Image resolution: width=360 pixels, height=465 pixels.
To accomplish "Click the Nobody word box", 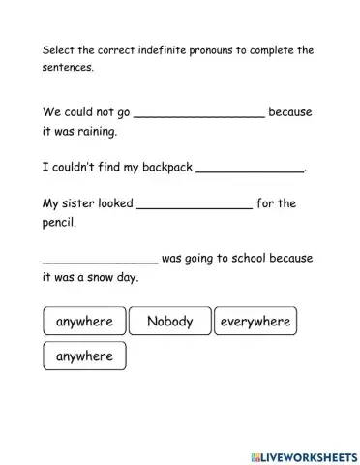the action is (x=170, y=322).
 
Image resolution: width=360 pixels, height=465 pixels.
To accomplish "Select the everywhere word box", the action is (x=255, y=322).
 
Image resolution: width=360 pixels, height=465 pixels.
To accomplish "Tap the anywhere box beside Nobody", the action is (x=85, y=322).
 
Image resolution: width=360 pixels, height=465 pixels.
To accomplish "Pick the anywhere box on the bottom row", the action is (x=85, y=356).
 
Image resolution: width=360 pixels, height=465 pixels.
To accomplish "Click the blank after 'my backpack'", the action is (x=250, y=168).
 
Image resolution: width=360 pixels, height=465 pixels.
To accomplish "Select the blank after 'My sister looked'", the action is (x=195, y=204).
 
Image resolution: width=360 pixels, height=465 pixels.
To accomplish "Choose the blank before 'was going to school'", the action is (x=100, y=260).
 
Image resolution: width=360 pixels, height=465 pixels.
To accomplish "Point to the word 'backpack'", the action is (x=161, y=168).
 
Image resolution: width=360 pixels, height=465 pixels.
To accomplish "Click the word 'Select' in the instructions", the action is (x=59, y=50).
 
